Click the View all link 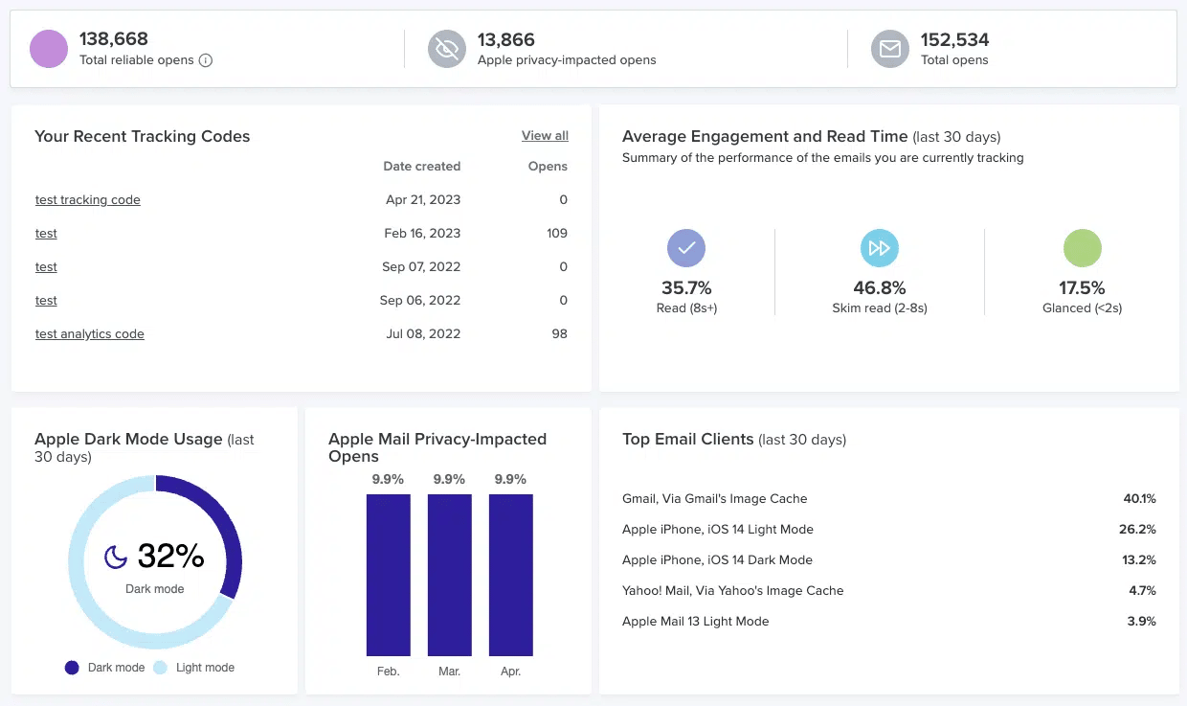tap(545, 136)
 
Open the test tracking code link tap(87, 200)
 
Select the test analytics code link tap(89, 334)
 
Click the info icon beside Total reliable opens tap(205, 60)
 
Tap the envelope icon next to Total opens tap(889, 49)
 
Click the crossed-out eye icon tap(446, 49)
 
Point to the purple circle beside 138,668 tap(49, 49)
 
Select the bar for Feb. tap(388, 575)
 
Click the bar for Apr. tap(510, 575)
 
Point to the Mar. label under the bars tap(449, 672)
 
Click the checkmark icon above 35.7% tap(685, 248)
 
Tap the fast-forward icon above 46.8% tap(879, 248)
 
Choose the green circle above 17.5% tap(1082, 248)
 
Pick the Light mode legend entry tap(195, 668)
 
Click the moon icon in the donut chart tap(116, 556)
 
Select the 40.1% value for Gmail tap(1139, 499)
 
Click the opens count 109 tap(556, 234)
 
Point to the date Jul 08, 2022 tap(422, 334)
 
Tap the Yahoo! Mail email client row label tap(732, 591)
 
